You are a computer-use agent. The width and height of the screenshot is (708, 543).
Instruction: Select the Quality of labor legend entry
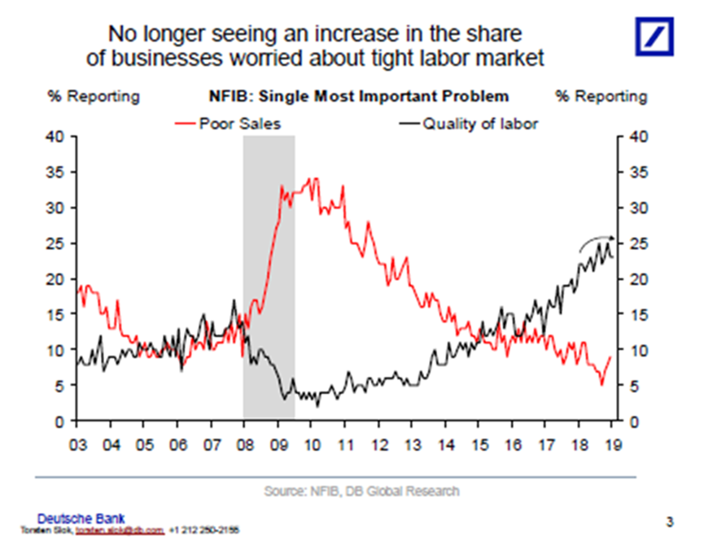coord(479,124)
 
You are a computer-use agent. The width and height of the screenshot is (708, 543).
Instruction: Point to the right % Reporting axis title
coord(601,96)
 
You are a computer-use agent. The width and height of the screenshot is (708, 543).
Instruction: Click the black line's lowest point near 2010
coord(318,405)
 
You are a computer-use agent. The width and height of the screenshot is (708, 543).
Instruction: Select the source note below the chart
coord(361,491)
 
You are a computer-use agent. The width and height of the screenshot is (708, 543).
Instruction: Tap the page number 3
coord(671,521)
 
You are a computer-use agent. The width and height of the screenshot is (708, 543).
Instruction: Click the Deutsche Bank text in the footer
coord(81,518)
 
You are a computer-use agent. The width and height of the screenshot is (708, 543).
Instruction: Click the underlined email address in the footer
coord(120,529)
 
